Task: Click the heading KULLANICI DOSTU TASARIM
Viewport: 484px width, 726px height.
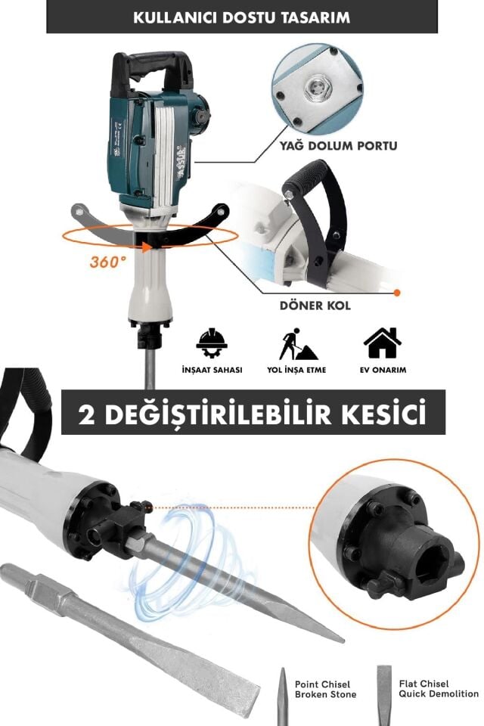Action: (242, 17)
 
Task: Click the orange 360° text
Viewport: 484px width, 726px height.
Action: (107, 262)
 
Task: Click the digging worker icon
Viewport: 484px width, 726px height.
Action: (297, 344)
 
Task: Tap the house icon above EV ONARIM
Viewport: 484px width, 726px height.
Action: (383, 343)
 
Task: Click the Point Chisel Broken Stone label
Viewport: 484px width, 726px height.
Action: (322, 689)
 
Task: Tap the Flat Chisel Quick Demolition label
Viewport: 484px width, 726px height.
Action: (439, 688)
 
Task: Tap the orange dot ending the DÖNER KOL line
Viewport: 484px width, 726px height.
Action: (398, 291)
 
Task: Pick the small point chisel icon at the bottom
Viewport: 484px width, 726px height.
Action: (281, 694)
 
